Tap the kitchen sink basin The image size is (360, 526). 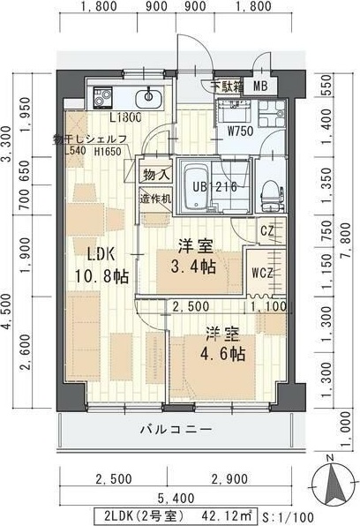[147, 95]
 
